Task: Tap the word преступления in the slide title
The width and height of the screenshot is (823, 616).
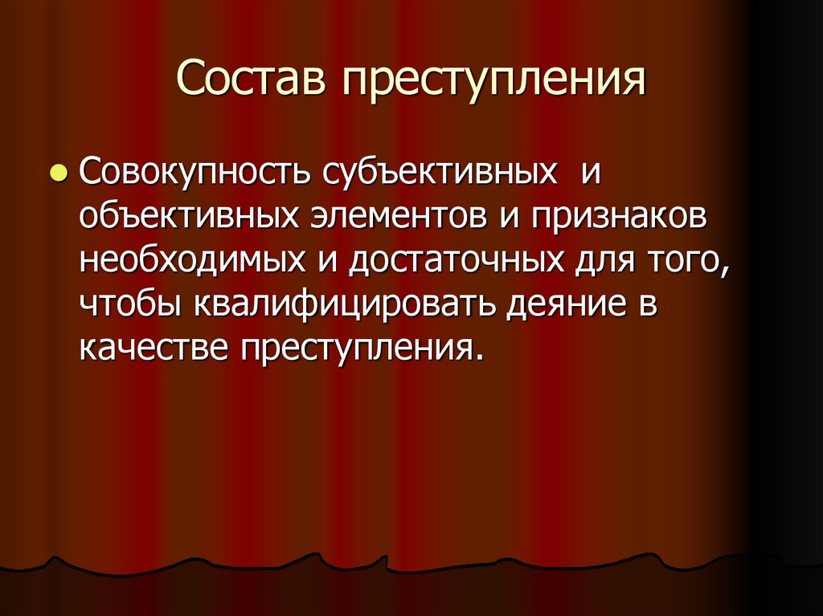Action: click(496, 82)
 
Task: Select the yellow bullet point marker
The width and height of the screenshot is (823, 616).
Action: click(58, 173)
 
